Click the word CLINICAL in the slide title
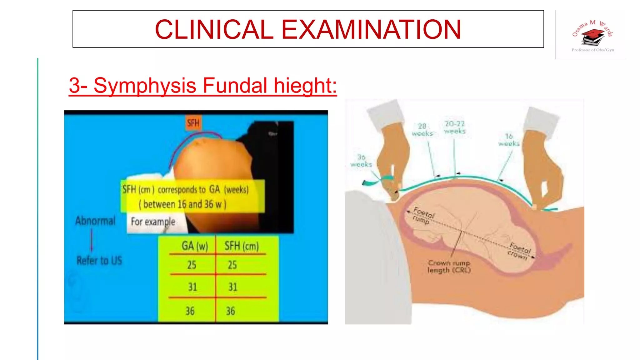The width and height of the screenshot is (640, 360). tap(214, 29)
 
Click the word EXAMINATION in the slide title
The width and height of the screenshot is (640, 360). tap(371, 29)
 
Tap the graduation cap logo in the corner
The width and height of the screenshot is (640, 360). tap(592, 37)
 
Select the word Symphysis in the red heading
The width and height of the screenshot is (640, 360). tap(145, 85)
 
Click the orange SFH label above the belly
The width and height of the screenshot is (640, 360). tap(193, 123)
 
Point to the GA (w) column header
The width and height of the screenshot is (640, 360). tap(195, 246)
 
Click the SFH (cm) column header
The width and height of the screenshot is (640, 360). tap(242, 246)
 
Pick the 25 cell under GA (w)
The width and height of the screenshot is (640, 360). tap(192, 265)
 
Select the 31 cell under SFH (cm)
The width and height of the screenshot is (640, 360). tap(233, 287)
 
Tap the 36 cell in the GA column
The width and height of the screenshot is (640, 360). tap(190, 311)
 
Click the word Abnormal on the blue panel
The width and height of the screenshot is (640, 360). tap(95, 221)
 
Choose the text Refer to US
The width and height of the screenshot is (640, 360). tap(99, 260)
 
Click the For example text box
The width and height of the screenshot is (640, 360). tap(153, 222)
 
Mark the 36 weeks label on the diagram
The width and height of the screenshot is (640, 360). tap(361, 161)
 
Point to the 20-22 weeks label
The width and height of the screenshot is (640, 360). tap(455, 127)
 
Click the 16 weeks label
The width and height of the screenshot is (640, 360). tap(509, 140)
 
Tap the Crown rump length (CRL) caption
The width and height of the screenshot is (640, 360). tap(449, 267)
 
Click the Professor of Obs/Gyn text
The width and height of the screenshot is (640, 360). tap(593, 50)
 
